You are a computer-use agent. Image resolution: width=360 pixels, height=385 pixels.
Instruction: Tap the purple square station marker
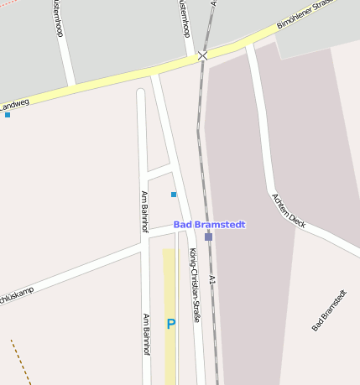pos(208,237)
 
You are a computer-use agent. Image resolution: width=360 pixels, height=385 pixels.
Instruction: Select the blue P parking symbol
pos(171,324)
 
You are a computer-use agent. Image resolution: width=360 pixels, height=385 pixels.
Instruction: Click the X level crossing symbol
pos(202,55)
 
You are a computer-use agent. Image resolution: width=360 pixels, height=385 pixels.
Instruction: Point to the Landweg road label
pos(15,105)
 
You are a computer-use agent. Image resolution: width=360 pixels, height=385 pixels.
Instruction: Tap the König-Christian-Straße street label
pos(194,286)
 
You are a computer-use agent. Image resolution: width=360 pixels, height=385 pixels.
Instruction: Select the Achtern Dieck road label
pos(288,211)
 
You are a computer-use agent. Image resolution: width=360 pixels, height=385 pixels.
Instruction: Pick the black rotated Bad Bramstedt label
pos(328,310)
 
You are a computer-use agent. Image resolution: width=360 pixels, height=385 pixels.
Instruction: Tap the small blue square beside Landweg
pos(8,115)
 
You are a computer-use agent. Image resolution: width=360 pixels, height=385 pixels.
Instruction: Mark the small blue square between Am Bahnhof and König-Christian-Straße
pos(174,195)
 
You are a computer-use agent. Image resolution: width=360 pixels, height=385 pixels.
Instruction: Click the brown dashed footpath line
pos(20,362)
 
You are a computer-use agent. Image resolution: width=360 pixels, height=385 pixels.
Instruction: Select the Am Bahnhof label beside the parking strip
pos(146,335)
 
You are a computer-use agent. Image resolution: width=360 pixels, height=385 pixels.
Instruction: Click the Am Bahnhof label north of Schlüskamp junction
pos(144,211)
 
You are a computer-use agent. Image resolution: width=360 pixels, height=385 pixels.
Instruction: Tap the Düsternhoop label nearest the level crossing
pos(182,18)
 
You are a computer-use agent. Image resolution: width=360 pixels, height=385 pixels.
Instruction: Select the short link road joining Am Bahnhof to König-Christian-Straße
pos(159,173)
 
